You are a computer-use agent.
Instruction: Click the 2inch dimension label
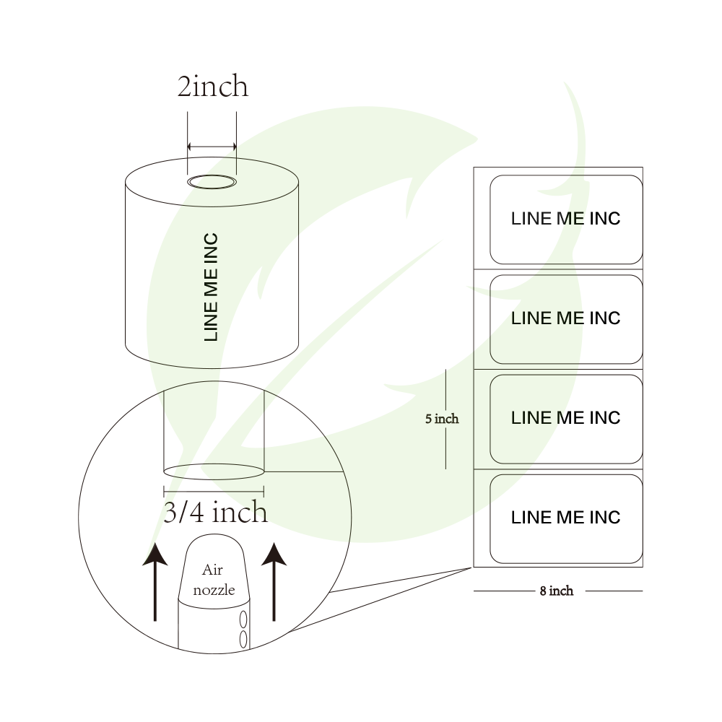pyautogui.click(x=212, y=87)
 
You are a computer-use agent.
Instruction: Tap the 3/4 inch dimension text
pyautogui.click(x=215, y=513)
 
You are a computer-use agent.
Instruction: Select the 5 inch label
pyautogui.click(x=441, y=418)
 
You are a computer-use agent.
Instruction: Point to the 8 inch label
pyautogui.click(x=557, y=591)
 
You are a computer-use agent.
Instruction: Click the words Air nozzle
pyautogui.click(x=214, y=580)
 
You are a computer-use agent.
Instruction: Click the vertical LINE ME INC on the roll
pyautogui.click(x=211, y=287)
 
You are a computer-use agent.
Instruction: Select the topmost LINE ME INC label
pyautogui.click(x=566, y=219)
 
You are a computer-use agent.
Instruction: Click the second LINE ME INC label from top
pyautogui.click(x=566, y=318)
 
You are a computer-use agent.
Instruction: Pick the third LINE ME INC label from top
pyautogui.click(x=566, y=418)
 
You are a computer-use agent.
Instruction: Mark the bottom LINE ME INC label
pyautogui.click(x=566, y=518)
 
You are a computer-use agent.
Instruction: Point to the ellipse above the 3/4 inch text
pyautogui.click(x=214, y=471)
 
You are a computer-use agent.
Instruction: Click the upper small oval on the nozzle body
pyautogui.click(x=243, y=619)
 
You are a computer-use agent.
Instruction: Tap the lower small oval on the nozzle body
pyautogui.click(x=243, y=638)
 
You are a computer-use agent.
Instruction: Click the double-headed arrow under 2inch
pyautogui.click(x=212, y=147)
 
